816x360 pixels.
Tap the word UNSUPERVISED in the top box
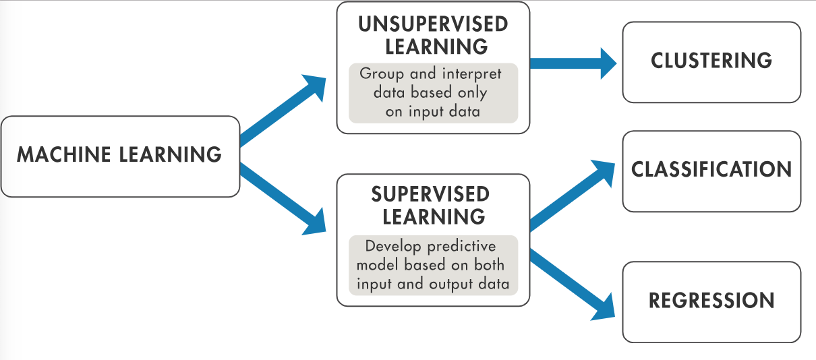pos(432,26)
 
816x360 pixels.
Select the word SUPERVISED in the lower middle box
pos(430,195)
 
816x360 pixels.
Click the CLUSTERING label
pos(711,61)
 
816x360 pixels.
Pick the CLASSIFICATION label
pos(711,169)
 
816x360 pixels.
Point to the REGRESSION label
pos(711,301)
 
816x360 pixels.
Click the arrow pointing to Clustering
pos(573,63)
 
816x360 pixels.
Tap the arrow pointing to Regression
pos(573,284)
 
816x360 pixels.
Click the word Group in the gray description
pos(382,73)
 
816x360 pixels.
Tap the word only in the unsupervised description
pos(472,92)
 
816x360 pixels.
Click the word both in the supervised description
pos(489,264)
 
